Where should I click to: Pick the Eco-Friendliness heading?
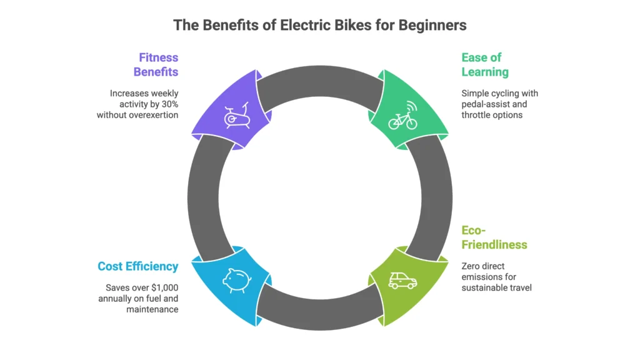(x=494, y=237)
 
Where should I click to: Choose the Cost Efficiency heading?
(x=137, y=266)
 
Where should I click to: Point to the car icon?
(x=402, y=281)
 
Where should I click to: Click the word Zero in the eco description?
(x=472, y=266)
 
